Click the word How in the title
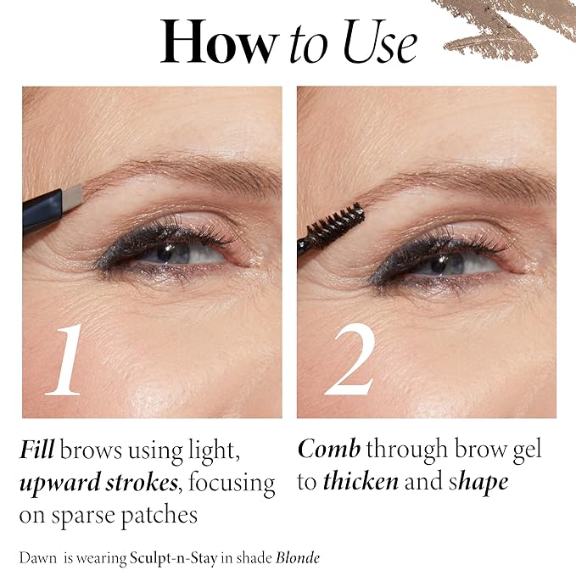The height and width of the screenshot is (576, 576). [x=219, y=40]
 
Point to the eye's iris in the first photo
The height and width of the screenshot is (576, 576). [x=174, y=249]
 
